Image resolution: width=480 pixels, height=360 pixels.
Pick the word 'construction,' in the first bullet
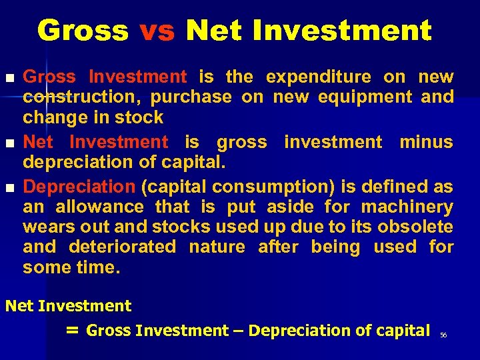pos(79,97)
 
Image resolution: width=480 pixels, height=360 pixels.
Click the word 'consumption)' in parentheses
pos(250,187)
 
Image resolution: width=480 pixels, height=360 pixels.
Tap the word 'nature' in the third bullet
pos(217,247)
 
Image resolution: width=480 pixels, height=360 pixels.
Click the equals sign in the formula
pos(73,330)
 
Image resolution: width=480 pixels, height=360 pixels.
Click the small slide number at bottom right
pos(443,335)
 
